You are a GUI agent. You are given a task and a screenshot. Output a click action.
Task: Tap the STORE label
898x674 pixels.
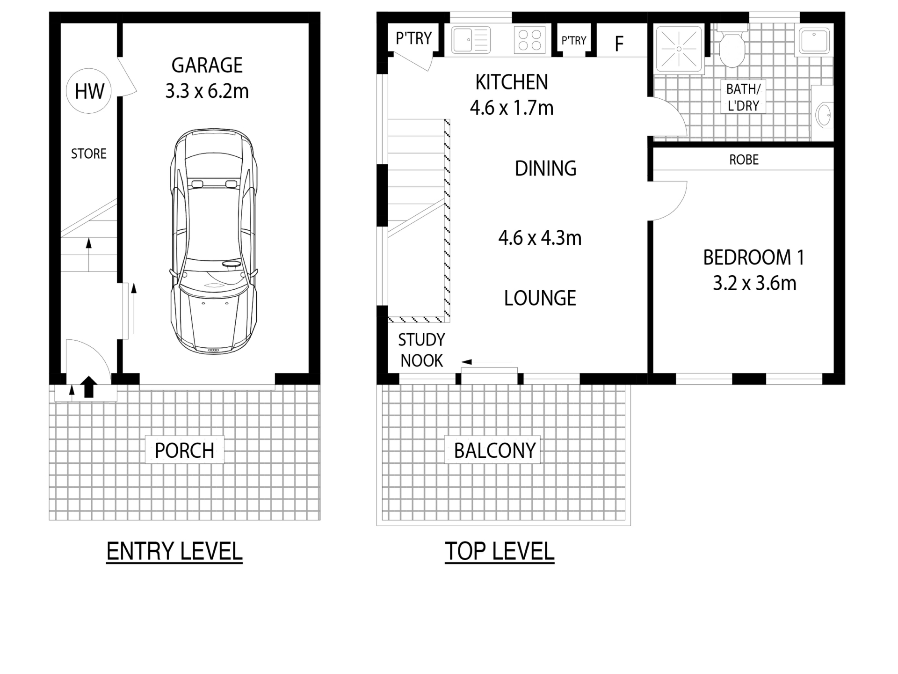point(89,154)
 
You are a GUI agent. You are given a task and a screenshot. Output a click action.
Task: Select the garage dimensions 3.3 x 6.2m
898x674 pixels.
point(207,91)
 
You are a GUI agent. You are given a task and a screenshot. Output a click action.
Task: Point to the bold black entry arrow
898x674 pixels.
point(89,387)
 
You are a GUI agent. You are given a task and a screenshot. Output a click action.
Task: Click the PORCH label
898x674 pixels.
point(184,451)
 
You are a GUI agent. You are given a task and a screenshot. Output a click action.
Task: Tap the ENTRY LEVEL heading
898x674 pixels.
point(174,551)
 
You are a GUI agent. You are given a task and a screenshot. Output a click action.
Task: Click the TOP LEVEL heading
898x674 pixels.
point(500,551)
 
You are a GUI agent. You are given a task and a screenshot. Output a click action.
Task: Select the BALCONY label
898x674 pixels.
point(495,451)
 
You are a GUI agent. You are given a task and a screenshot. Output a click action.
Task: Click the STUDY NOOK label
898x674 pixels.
point(421,350)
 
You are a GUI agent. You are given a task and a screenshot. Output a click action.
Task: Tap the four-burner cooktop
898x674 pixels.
point(530,40)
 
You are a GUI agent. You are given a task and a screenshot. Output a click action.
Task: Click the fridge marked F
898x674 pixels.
point(619,44)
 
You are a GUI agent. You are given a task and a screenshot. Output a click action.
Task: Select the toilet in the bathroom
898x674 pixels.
point(732,49)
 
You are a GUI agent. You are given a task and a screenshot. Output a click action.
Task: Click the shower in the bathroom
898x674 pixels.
point(679,49)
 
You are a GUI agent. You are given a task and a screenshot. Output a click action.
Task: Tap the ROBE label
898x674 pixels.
point(744,160)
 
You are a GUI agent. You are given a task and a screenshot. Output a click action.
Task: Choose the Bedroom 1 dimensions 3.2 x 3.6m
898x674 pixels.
point(754,283)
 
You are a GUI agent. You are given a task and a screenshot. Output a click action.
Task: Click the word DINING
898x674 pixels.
point(545,168)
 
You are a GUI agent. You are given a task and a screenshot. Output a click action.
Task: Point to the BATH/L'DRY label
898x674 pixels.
point(743,97)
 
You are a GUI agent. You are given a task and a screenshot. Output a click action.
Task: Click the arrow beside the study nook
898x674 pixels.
point(486,362)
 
